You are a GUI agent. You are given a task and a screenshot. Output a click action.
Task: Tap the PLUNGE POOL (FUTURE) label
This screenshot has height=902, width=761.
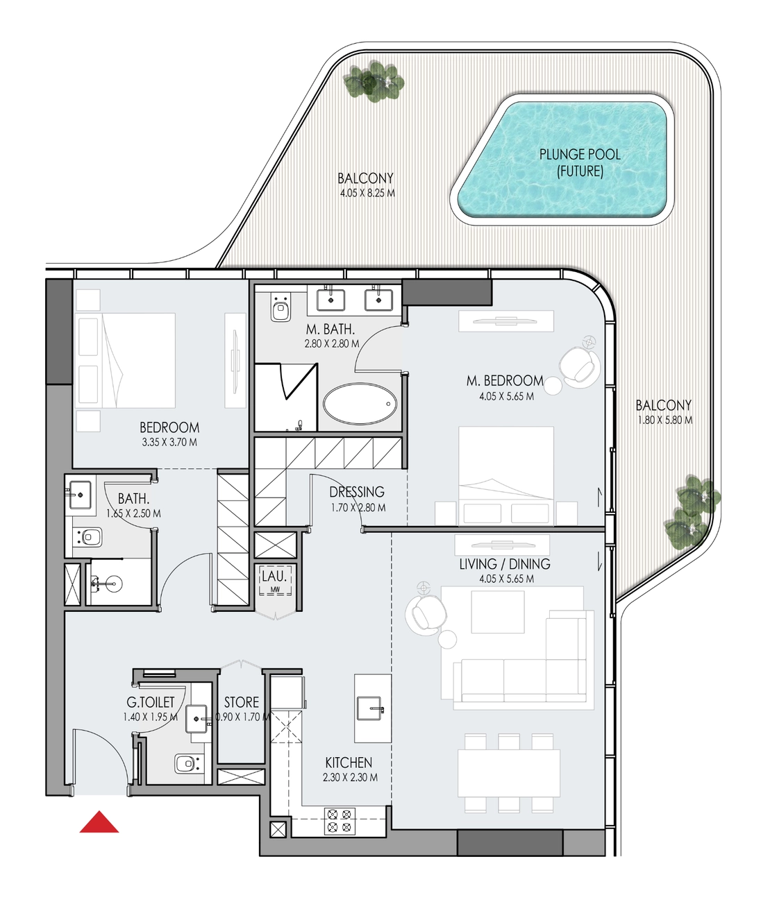[x=579, y=163]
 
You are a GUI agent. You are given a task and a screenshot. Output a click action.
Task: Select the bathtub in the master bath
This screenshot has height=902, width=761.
[x=359, y=404]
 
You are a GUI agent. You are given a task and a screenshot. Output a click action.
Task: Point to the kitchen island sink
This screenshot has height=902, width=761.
[x=371, y=708]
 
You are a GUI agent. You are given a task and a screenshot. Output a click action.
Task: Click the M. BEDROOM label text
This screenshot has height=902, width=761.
[x=505, y=381]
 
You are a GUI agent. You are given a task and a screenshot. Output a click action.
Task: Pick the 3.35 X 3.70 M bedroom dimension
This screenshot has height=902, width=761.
[x=169, y=443]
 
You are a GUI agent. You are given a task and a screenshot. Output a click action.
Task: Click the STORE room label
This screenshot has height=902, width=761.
[x=241, y=702]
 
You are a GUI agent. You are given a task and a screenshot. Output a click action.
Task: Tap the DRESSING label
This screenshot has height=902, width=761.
[x=357, y=492]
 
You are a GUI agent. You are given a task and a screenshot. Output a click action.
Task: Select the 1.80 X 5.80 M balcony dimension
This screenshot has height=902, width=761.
[x=665, y=420]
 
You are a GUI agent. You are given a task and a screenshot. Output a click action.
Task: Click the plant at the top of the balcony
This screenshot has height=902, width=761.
[x=373, y=82]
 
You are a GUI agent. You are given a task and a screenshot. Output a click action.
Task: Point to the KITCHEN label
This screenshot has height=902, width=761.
[x=349, y=763]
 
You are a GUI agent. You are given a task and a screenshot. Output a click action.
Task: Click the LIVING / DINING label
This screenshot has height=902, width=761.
[x=505, y=563]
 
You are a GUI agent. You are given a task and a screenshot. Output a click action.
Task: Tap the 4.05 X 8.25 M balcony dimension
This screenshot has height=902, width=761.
[x=367, y=193]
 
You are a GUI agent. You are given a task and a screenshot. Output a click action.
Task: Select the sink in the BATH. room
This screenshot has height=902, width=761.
[x=80, y=495]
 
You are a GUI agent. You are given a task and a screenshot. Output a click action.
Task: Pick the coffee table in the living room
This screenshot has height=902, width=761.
[x=498, y=612]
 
